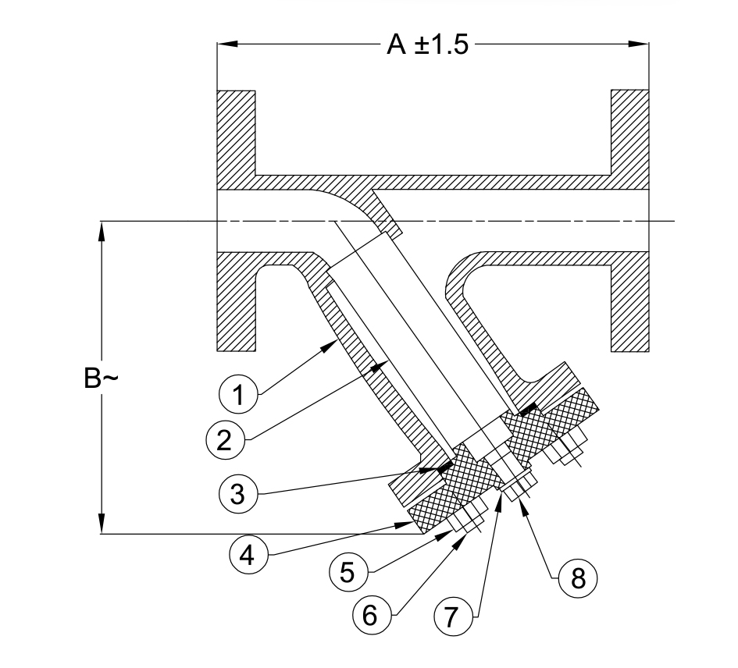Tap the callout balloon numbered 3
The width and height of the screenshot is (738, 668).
coord(240,494)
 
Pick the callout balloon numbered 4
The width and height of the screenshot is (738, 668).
coord(247,553)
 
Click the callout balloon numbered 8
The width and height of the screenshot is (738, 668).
coord(578,577)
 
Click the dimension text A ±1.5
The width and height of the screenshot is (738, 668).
coord(428,45)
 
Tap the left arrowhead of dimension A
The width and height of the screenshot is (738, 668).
coord(225,44)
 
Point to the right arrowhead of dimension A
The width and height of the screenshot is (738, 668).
coord(641,44)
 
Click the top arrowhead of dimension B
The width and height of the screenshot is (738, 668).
coord(101,230)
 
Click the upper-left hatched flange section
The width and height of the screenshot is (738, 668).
coord(237,133)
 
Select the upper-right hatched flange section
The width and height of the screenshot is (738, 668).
coord(629,133)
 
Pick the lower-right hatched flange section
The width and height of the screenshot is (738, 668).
coord(629,300)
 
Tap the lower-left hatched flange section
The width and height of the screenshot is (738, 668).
coord(237,300)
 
